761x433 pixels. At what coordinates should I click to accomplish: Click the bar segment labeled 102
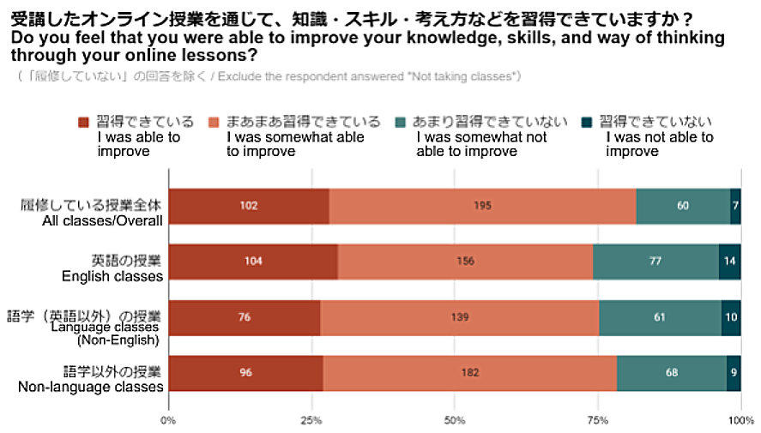[x=249, y=206]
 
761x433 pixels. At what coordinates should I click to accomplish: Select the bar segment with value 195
[x=482, y=206]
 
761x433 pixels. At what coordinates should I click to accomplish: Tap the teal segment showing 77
[x=655, y=261]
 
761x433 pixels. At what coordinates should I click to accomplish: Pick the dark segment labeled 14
[x=729, y=261]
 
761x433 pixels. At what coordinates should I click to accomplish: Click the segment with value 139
[x=459, y=317]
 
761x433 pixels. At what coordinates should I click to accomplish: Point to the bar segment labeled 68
[x=671, y=373]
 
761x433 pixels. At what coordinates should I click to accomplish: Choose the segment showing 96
[x=245, y=373]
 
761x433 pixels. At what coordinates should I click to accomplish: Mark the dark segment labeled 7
[x=735, y=206]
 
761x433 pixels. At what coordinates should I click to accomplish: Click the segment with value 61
[x=659, y=317]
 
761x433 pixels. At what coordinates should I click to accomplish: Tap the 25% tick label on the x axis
[x=311, y=420]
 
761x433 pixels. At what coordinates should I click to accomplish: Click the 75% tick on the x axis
[x=597, y=420]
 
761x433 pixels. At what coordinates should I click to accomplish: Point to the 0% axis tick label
[x=169, y=420]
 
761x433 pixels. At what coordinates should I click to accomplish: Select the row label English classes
[x=112, y=276]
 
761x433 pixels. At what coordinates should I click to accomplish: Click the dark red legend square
[x=83, y=122]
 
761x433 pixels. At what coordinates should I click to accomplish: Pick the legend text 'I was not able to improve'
[x=659, y=144]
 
